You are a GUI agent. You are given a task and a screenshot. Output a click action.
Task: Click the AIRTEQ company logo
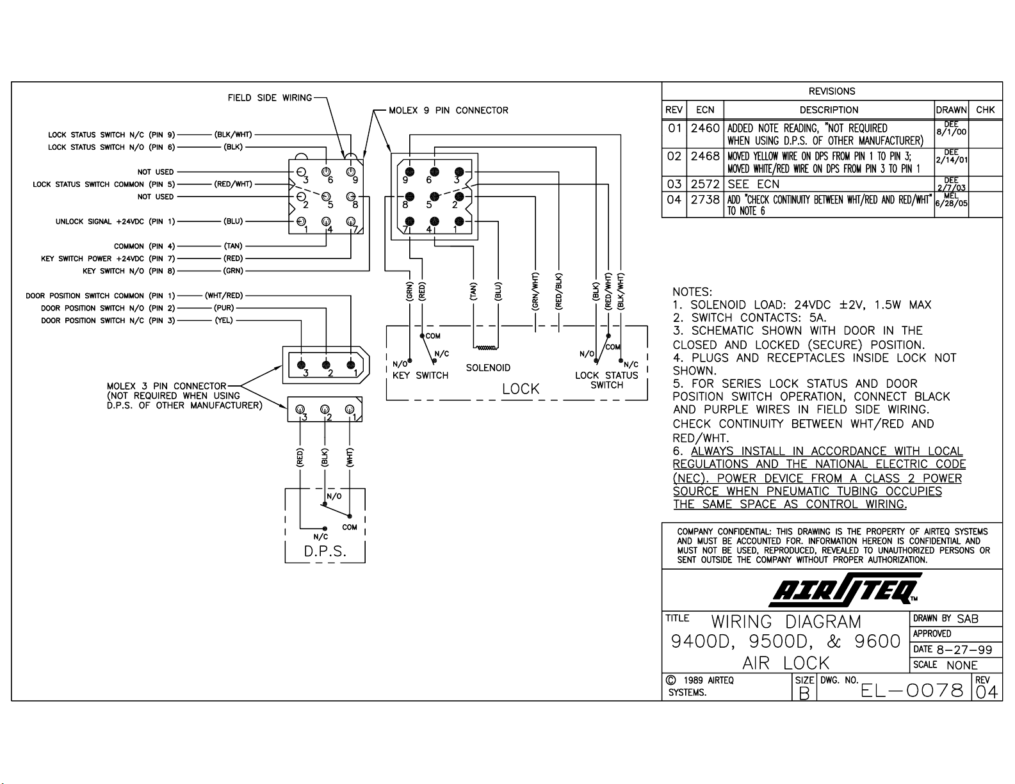(x=845, y=589)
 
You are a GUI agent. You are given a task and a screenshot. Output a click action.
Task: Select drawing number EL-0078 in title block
(x=912, y=691)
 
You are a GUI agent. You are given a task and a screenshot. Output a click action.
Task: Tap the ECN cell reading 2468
(x=705, y=156)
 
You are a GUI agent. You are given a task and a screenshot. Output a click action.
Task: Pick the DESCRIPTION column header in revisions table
(x=829, y=109)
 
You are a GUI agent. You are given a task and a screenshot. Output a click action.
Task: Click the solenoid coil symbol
(x=486, y=348)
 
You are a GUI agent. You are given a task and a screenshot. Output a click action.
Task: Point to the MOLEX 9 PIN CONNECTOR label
(x=448, y=111)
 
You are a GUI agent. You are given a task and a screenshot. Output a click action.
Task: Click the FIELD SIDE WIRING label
(x=270, y=97)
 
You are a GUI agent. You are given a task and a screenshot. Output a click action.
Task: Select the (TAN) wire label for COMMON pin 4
(x=233, y=246)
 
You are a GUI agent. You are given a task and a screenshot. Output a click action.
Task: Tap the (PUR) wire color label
(x=223, y=308)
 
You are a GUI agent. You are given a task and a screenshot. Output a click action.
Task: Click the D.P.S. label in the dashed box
(x=325, y=552)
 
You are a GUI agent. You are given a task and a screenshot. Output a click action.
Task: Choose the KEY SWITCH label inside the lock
(x=420, y=375)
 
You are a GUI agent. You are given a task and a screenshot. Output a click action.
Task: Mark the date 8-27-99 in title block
(x=964, y=649)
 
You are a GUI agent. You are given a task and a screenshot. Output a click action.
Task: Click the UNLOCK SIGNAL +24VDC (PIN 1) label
(x=115, y=221)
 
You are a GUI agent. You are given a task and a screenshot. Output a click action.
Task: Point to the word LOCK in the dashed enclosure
(x=521, y=388)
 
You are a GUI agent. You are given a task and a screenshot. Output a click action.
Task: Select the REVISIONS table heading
(x=832, y=91)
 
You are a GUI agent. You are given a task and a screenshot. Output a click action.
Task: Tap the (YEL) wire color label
(x=223, y=321)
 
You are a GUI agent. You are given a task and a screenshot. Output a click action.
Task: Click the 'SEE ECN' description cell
(x=754, y=184)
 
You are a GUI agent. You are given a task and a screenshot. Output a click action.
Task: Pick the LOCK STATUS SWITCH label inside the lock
(x=606, y=380)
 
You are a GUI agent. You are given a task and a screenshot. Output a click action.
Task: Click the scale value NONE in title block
(x=962, y=665)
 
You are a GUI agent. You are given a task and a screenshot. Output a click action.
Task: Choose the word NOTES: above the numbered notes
(x=692, y=292)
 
